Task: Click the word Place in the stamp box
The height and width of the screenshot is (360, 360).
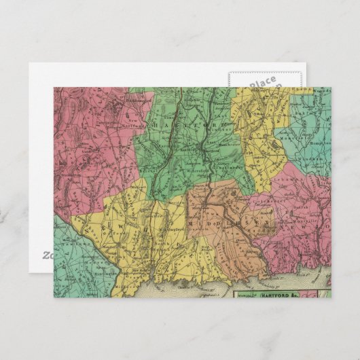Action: (263, 82)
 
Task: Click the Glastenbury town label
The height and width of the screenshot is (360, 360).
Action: (216, 165)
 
